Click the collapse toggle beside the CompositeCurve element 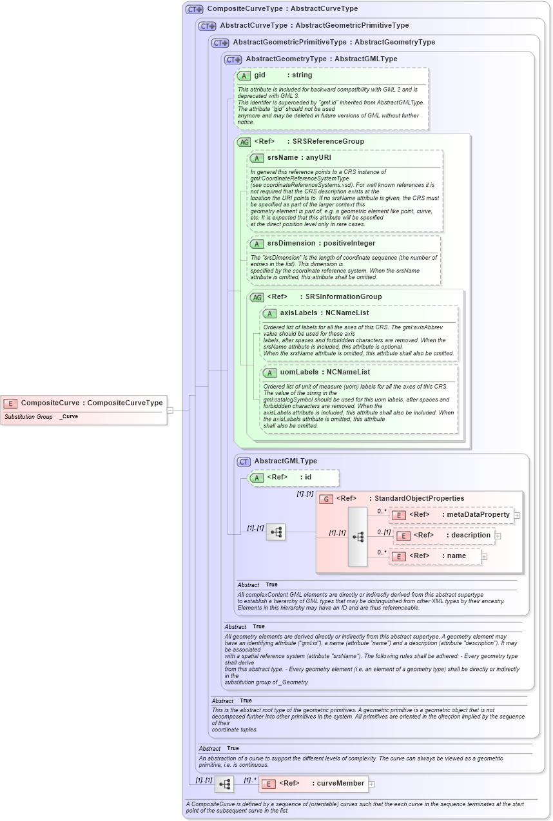pos(170,410)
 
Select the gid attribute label pos(260,75)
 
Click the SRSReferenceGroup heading pos(328,142)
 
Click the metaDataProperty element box pos(451,515)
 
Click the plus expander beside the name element pos(485,557)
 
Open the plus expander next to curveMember pos(372,784)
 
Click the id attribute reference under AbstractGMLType pos(294,478)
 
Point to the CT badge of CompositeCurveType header pos(194,10)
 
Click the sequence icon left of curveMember pos(224,784)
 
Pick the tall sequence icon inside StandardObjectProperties pos(358,537)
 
